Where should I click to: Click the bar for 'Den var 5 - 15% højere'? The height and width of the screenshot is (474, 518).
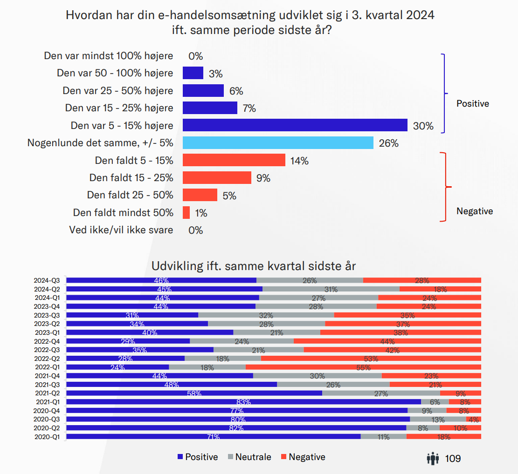(295, 125)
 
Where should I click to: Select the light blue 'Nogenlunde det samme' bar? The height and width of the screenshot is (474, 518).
(278, 142)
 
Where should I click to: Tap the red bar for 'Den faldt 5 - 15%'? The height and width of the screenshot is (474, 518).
(234, 160)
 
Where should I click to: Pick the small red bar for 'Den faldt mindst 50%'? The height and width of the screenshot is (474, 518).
(186, 212)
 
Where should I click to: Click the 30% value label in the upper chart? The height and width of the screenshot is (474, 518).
(423, 126)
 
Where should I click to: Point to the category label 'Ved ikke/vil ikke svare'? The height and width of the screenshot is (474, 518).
(121, 230)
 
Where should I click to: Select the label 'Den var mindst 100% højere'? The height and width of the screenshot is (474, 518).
(109, 56)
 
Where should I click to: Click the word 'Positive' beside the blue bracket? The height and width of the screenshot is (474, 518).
(472, 103)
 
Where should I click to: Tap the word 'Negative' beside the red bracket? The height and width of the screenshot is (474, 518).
(474, 211)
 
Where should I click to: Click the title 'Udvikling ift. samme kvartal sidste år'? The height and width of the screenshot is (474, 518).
(254, 266)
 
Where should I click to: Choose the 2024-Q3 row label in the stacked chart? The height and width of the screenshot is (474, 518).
(47, 280)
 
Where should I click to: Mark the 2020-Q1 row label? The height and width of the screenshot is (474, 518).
(47, 437)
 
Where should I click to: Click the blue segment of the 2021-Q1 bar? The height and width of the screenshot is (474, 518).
(243, 402)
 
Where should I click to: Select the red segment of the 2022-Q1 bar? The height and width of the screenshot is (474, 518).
(363, 367)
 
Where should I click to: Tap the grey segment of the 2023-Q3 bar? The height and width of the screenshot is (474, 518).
(266, 315)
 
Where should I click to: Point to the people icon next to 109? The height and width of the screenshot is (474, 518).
(433, 459)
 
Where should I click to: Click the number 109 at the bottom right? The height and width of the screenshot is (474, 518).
(453, 459)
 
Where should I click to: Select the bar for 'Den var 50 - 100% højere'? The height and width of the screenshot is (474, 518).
(193, 73)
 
